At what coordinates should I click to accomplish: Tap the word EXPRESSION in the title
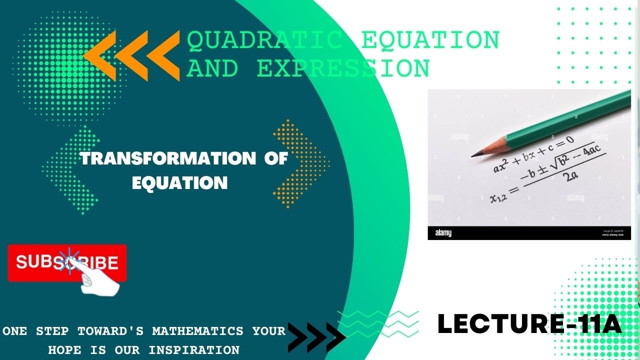click(343, 68)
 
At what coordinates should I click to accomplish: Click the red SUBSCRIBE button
click(67, 262)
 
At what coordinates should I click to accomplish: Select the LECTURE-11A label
click(529, 323)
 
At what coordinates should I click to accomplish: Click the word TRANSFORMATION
click(167, 159)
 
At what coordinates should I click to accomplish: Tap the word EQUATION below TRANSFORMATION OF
click(179, 182)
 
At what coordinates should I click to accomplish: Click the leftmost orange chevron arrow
click(100, 55)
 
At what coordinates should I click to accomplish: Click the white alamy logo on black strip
click(443, 233)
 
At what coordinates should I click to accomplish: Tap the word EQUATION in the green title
click(430, 40)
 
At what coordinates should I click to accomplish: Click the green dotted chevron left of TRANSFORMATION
click(70, 170)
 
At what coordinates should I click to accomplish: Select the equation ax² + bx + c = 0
click(533, 153)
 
